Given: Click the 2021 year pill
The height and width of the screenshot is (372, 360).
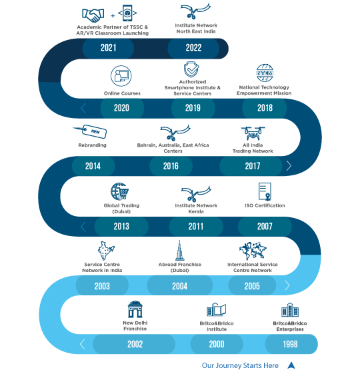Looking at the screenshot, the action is pos(108,48).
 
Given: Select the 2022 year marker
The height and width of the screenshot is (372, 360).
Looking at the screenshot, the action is pos(193,48).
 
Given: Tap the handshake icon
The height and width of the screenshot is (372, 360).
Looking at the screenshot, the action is pos(93,15).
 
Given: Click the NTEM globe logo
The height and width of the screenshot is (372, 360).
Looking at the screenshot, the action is pos(265,73).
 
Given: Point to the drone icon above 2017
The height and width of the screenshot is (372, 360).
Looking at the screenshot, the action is pos(253,133).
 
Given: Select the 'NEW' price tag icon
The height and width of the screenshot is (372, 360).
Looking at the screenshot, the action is pos(90,131).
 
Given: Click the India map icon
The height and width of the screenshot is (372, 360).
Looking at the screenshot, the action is pos(105,251).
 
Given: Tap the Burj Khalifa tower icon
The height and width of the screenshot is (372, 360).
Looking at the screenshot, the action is pos(179,251).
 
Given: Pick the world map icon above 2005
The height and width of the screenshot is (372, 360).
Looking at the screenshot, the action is pos(253,251).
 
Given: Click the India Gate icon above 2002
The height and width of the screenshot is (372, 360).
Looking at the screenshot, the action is pos(135,309).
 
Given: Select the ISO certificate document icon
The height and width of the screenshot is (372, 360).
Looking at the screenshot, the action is pos(265,192).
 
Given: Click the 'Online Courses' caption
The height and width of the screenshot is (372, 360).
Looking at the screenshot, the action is pos(122,93).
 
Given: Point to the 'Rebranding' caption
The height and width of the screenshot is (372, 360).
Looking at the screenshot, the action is pos(92,145).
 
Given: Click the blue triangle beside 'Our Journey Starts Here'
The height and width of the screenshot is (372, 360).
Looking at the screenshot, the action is pos(291,365).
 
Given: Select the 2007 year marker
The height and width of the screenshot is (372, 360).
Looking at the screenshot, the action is pos(265,226).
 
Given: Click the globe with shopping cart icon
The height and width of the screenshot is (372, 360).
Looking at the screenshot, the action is pos(119,191).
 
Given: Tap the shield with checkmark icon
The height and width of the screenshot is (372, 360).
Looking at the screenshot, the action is pos(191,69).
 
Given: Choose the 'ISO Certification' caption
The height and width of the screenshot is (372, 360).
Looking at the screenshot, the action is pos(265,205).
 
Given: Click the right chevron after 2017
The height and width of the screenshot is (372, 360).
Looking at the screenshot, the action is pos(289,165).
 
